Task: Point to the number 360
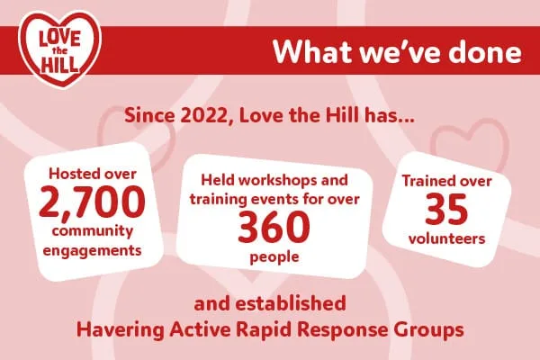pos(274,227)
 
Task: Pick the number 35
pos(446,209)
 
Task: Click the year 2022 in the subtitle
pos(203,115)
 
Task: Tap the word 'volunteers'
pos(447,238)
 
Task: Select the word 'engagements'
pos(93,251)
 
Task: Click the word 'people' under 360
pos(274,257)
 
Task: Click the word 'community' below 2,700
pos(93,231)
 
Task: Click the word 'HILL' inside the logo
pos(59,65)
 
